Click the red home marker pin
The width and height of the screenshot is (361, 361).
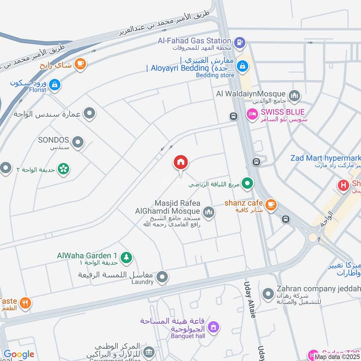click(181, 162)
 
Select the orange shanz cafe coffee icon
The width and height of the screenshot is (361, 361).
click(270, 204)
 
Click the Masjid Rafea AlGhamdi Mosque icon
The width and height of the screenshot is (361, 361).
click(208, 211)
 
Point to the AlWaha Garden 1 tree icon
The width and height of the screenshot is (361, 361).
click(127, 257)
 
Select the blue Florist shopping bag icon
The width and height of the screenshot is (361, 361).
click(54, 84)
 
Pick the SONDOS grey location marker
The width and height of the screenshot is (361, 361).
click(78, 143)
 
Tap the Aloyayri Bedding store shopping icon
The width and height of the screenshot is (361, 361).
click(243, 66)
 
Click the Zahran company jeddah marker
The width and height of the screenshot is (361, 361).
click(268, 293)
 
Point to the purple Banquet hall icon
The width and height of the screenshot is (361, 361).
click(213, 326)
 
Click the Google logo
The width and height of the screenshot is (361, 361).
click(19, 355)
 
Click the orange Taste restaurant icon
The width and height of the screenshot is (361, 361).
click(25, 303)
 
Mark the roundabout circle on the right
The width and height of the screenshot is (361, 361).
click(312, 236)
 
